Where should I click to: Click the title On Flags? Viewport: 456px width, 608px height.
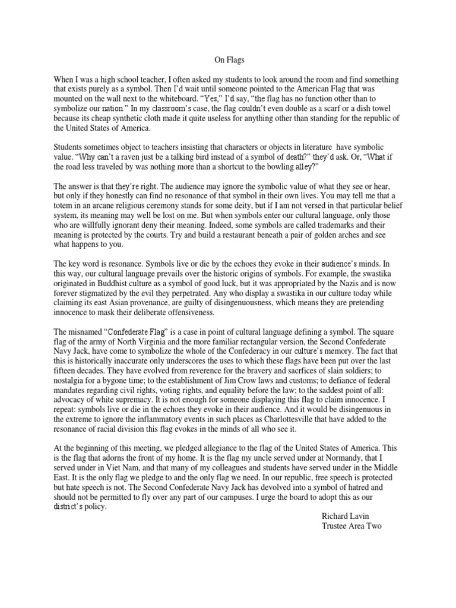click(227, 60)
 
